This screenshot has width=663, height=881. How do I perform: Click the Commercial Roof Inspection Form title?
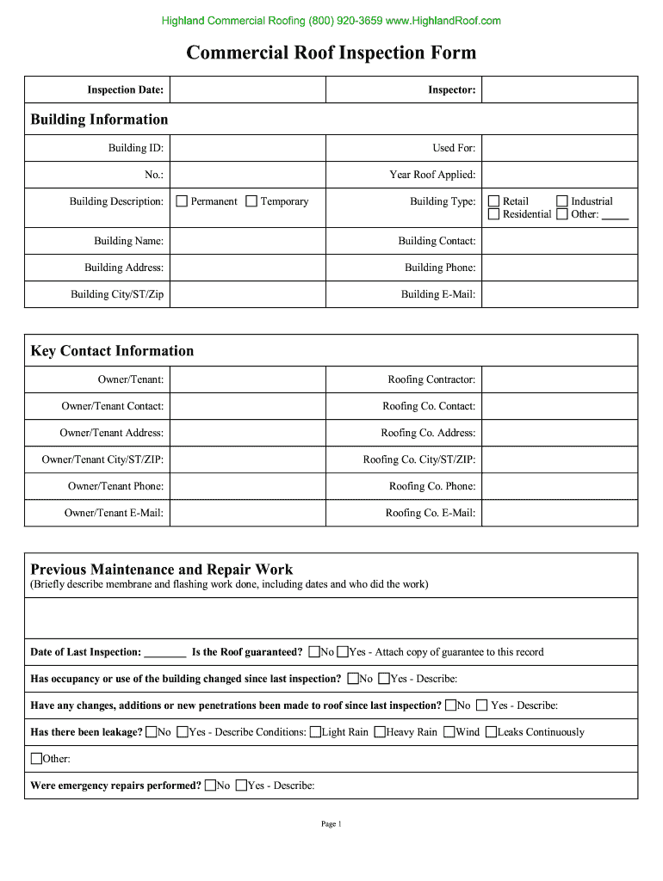point(331,53)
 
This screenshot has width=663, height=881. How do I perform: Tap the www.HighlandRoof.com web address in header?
point(443,21)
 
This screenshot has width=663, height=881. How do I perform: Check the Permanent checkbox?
point(182,201)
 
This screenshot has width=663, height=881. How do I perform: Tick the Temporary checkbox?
point(251,201)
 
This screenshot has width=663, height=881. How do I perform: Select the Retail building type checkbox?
point(494,201)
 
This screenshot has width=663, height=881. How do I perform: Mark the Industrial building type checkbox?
point(562,201)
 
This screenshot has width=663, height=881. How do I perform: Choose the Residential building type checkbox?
point(494,214)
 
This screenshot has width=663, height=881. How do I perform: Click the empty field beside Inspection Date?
point(246,89)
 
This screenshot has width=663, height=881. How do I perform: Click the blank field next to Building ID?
point(246,148)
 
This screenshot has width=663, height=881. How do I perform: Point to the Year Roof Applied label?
point(432,175)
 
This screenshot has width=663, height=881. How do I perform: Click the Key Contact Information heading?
point(112,351)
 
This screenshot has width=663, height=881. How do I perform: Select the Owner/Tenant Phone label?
point(116,486)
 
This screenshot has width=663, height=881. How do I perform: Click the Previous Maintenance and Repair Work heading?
point(162,570)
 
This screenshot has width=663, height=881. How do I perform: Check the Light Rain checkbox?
point(316,732)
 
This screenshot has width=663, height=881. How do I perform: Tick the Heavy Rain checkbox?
point(380,732)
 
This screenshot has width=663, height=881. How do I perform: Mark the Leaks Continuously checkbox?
point(491,732)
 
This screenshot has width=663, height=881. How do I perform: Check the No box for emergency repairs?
point(210,786)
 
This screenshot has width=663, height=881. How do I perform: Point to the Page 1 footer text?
point(331,824)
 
